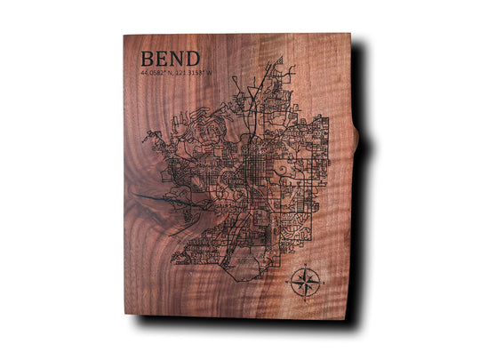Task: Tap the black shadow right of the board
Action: [x=364, y=222]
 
